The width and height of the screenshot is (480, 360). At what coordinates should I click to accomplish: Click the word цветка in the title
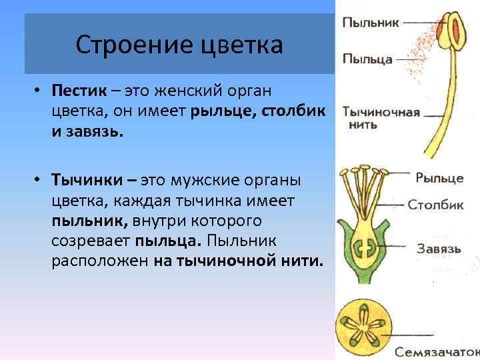239,45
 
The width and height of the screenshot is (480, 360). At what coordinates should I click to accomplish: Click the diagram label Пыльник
371,22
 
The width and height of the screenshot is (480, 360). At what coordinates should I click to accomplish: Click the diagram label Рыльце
439,178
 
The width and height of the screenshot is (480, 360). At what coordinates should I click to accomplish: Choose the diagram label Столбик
436,205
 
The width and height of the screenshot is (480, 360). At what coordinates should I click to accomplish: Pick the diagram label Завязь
439,249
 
